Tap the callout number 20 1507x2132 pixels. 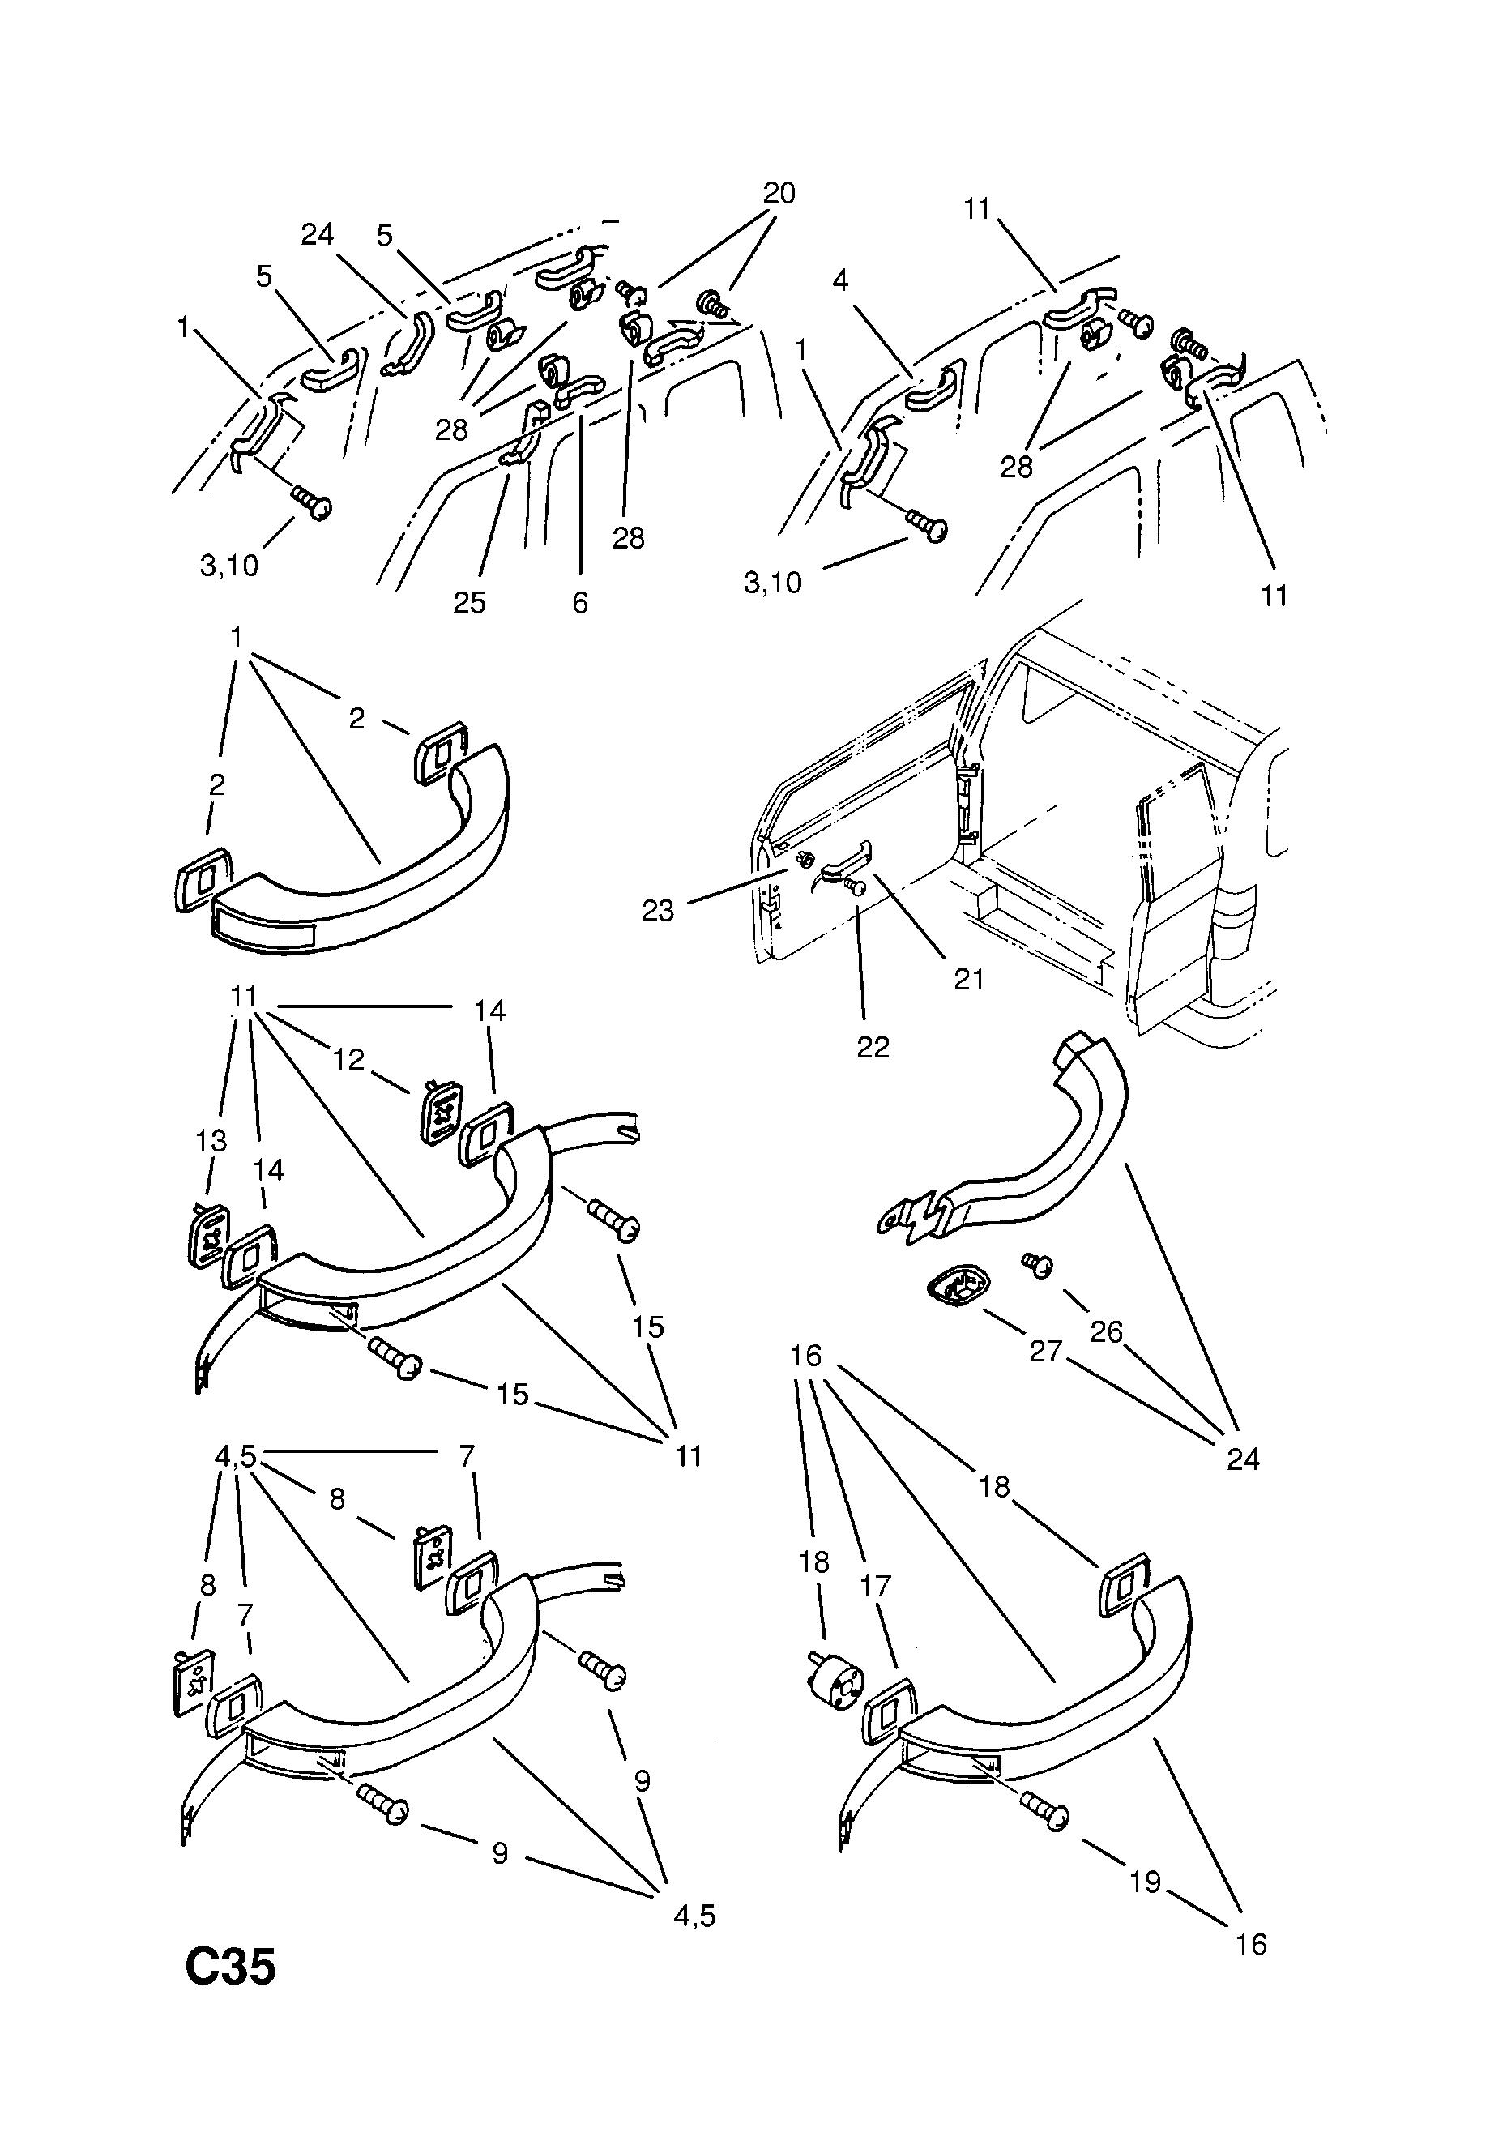[x=779, y=193]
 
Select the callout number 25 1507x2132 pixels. [x=469, y=603]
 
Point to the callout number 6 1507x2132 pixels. [x=580, y=603]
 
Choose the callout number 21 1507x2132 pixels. [x=968, y=979]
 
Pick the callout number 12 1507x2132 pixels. [x=349, y=1059]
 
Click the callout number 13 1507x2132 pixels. [x=211, y=1140]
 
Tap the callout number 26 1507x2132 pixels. [x=1107, y=1332]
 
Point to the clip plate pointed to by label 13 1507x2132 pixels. [x=209, y=1233]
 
